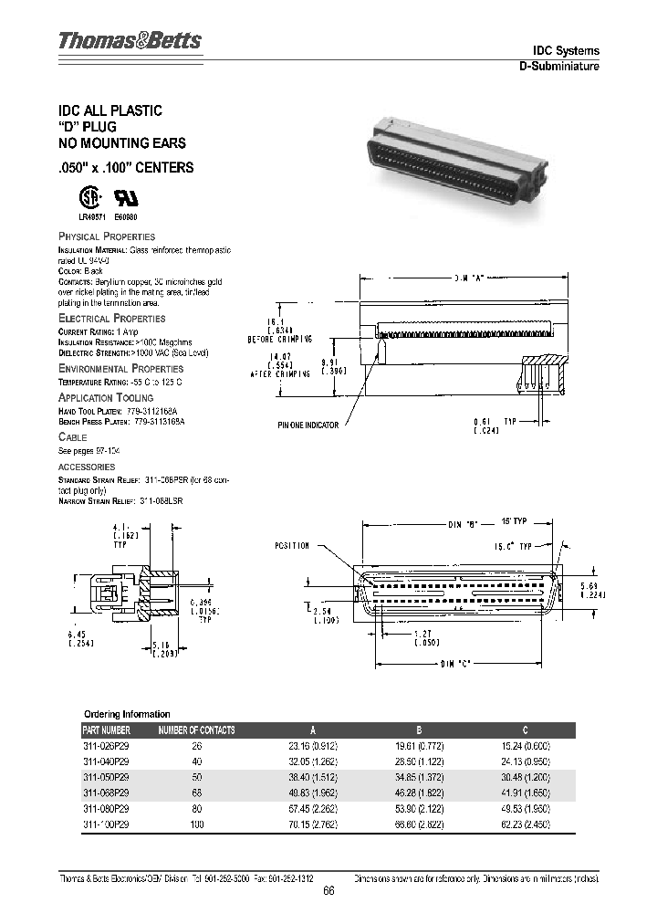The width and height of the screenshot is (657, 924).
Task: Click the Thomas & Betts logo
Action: point(130,41)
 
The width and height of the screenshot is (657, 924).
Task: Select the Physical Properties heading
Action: point(107,236)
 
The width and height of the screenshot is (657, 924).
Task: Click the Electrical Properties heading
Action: point(111,319)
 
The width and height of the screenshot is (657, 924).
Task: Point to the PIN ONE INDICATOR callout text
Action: point(308,425)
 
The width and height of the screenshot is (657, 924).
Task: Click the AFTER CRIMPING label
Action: point(281,374)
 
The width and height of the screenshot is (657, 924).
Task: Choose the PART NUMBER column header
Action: point(107,730)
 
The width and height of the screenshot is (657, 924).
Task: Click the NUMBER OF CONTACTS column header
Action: point(197,730)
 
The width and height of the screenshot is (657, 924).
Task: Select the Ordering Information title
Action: point(127,714)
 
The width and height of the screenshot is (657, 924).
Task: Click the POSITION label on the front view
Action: point(292,546)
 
